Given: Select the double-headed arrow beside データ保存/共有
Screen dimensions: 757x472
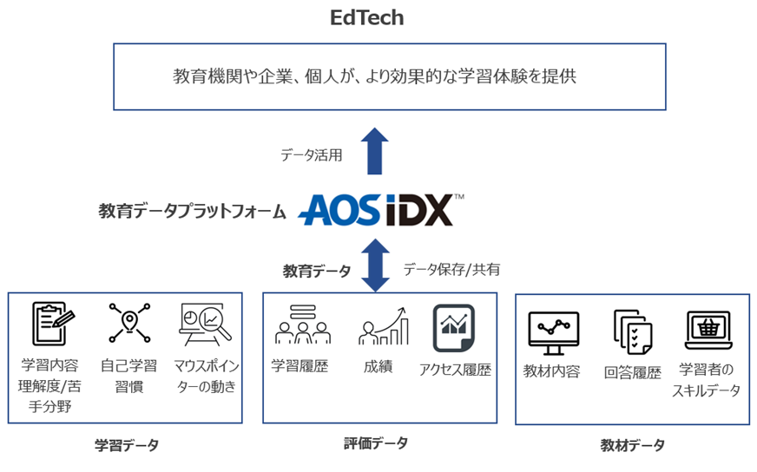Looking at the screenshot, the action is (375, 265).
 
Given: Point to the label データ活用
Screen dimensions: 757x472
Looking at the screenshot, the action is (311, 155).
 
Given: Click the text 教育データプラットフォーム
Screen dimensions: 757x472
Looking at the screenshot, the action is (192, 211).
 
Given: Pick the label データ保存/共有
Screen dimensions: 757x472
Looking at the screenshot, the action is (451, 269).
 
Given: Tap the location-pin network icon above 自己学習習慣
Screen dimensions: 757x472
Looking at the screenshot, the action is (128, 323).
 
